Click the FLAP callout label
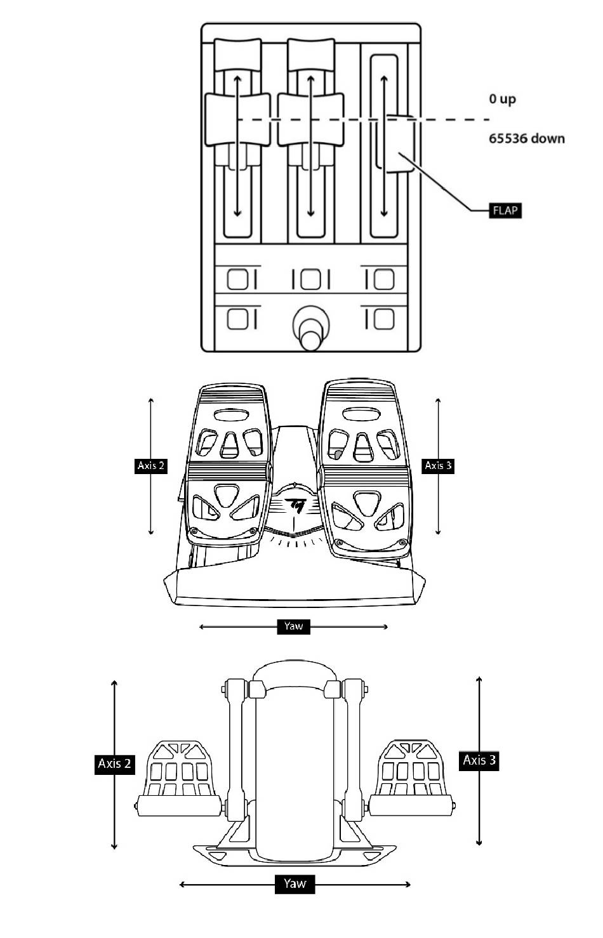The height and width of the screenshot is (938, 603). [x=505, y=210]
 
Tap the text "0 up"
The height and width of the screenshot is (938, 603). [x=502, y=99]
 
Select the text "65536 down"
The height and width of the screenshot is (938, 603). [x=526, y=138]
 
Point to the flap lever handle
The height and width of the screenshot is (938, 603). [x=400, y=143]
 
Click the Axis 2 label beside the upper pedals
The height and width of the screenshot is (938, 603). [x=151, y=465]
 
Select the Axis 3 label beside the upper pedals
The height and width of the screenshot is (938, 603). [x=438, y=465]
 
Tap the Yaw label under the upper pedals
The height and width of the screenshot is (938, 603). [x=293, y=626]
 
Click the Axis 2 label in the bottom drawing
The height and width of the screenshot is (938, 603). [x=114, y=763]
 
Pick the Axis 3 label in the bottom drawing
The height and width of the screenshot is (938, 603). [x=479, y=760]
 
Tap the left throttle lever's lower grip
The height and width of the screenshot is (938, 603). [x=237, y=119]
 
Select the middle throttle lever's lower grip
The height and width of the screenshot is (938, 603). [x=311, y=119]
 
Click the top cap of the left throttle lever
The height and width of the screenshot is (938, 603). [x=237, y=55]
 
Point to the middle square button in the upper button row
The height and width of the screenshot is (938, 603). [x=311, y=279]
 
